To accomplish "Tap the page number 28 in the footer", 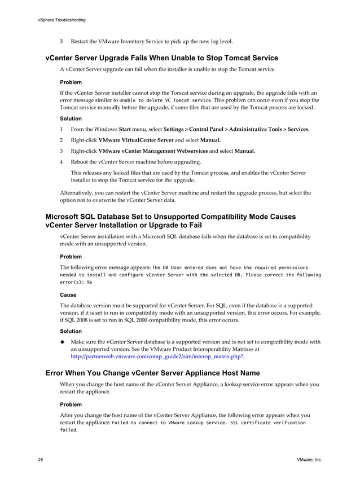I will point(41,460).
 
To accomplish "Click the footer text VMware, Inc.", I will point(309,460).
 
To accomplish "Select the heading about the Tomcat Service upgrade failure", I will point(161,58).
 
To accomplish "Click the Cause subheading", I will point(68,294).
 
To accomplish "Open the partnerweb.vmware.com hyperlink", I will point(157,357).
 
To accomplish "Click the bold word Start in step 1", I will point(125,129).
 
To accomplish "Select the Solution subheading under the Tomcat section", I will point(71,118).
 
